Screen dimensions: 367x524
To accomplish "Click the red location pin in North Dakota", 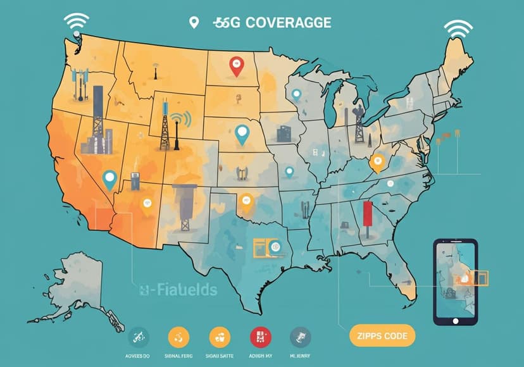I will coord(237,65).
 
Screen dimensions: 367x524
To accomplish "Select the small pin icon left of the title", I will coord(194,23).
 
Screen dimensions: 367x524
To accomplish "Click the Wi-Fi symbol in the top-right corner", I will coord(458,30).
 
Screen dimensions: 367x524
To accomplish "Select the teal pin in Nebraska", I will coord(241,134).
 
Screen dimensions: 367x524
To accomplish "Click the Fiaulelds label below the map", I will coord(178,290).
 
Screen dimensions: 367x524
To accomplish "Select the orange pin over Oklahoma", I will coord(246,202).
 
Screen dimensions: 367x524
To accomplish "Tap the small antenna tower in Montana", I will coord(155,71).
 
